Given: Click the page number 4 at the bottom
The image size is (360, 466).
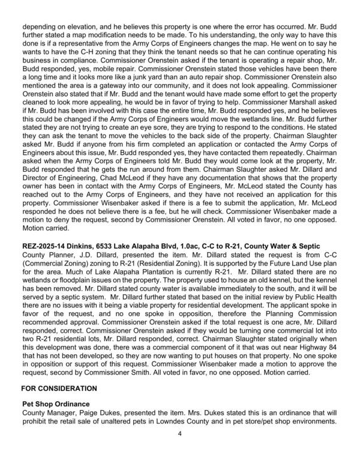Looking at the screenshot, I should pos(180,451).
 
